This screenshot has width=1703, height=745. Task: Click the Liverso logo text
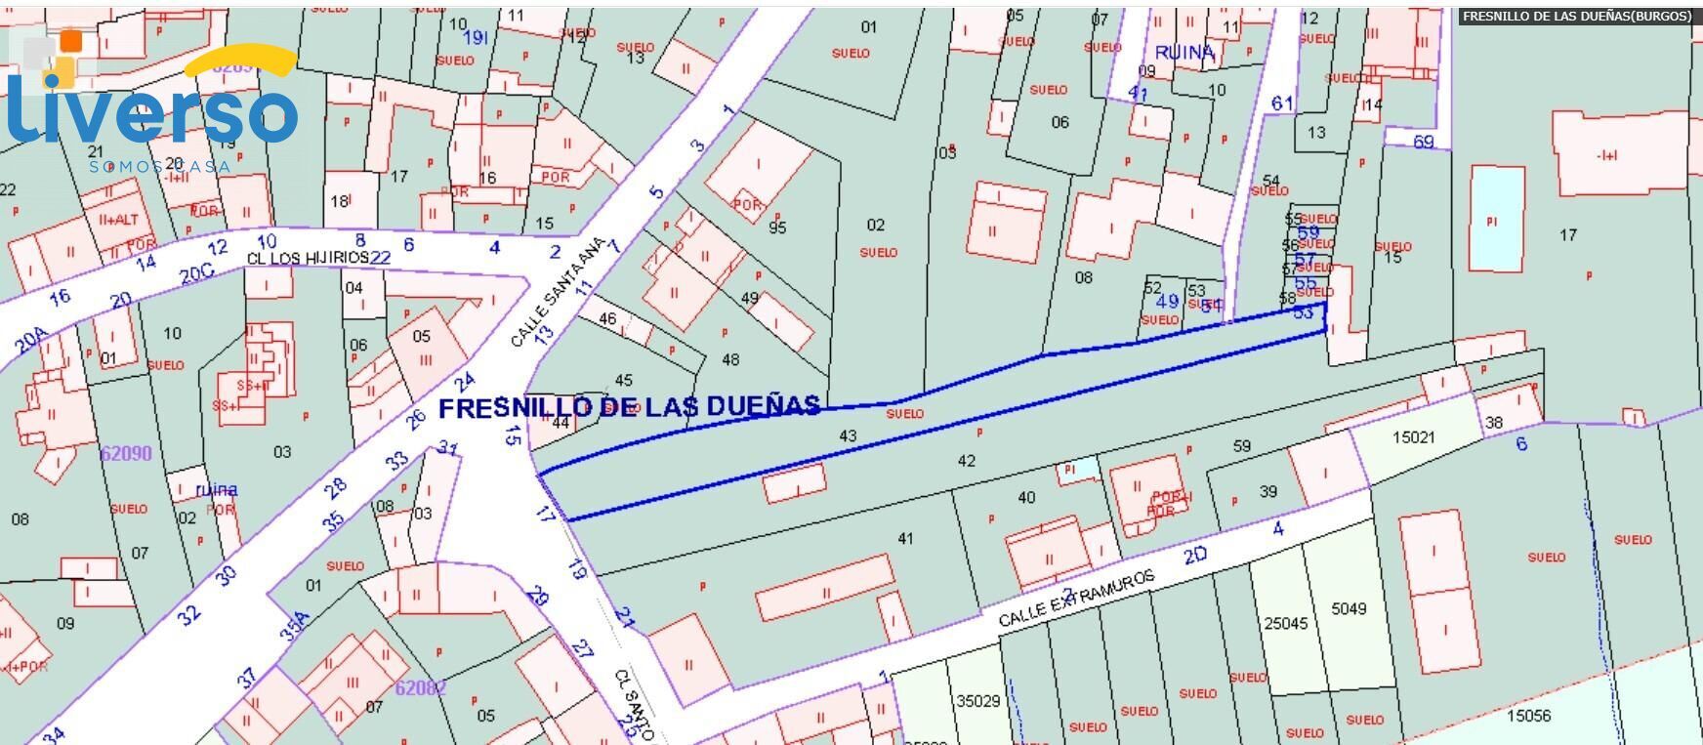(x=151, y=109)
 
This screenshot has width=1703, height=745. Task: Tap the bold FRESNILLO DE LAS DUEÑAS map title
(x=629, y=407)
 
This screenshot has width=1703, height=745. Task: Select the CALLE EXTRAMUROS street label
(x=1077, y=599)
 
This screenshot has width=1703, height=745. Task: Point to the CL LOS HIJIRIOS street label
(x=308, y=258)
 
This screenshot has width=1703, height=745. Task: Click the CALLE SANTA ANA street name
(x=559, y=292)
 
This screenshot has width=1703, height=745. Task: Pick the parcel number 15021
(x=1413, y=436)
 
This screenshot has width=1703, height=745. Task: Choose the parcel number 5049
(x=1349, y=608)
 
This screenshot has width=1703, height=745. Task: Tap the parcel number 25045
(x=1285, y=623)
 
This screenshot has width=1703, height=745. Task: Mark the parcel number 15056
(x=1528, y=715)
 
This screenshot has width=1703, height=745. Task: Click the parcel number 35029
(x=978, y=701)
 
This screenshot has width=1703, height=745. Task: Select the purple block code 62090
(x=126, y=453)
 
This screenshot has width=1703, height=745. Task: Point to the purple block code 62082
(x=421, y=687)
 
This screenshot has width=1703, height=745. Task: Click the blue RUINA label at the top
(x=1184, y=52)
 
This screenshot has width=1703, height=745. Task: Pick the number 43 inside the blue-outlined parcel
(x=848, y=435)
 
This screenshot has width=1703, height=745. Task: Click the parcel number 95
(x=777, y=228)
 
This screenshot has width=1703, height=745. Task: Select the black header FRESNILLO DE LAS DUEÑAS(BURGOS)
(x=1576, y=17)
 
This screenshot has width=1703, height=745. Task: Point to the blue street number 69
(x=1424, y=142)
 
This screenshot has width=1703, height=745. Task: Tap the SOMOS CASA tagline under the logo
(x=159, y=167)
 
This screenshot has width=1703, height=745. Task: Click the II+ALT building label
(x=118, y=220)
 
